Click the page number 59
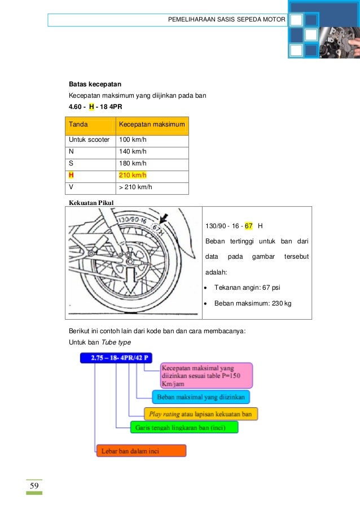pyautogui.click(x=34, y=486)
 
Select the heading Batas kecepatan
pyautogui.click(x=91, y=85)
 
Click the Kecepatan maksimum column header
pyautogui.click(x=151, y=124)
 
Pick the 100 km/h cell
pyautogui.click(x=133, y=140)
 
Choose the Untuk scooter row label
pyautogui.click(x=89, y=140)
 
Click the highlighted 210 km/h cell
pyautogui.click(x=133, y=175)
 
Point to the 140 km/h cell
pyautogui.click(x=133, y=151)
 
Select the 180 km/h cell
pyautogui.click(x=133, y=163)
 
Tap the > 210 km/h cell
pyautogui.click(x=135, y=187)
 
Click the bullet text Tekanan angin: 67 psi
pyautogui.click(x=247, y=287)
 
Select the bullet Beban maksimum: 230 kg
pyautogui.click(x=253, y=304)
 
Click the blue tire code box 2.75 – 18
pyautogui.click(x=116, y=358)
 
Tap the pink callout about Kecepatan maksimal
pyautogui.click(x=206, y=375)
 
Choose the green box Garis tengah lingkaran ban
pyautogui.click(x=184, y=428)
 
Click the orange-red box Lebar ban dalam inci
pyautogui.click(x=141, y=451)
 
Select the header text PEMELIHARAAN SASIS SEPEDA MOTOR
pyautogui.click(x=227, y=20)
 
